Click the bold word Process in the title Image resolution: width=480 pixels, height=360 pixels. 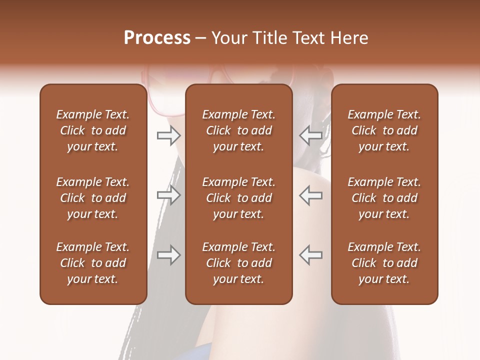point(157,38)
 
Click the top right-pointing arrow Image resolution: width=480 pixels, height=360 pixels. point(168,135)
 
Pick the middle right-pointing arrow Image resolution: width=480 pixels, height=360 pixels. point(168,195)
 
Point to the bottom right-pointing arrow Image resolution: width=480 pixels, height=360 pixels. point(168,255)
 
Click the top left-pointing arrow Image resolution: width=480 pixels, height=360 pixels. point(311,135)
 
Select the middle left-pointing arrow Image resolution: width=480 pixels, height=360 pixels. point(311,195)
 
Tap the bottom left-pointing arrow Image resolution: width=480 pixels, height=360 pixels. point(311,255)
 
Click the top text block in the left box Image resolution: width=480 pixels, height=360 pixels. point(93,130)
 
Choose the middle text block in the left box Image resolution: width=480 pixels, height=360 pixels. point(93,198)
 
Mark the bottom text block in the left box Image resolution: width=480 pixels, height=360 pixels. point(93,263)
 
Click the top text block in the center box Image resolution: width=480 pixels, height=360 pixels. point(238,130)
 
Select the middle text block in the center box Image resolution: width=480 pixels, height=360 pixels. point(238,198)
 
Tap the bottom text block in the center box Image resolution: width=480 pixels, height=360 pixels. point(238,263)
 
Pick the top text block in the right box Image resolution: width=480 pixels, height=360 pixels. point(384,130)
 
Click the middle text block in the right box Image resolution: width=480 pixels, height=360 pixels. point(384,198)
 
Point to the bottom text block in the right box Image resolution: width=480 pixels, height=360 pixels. point(384,263)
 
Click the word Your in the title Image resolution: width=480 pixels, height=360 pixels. point(228,38)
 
